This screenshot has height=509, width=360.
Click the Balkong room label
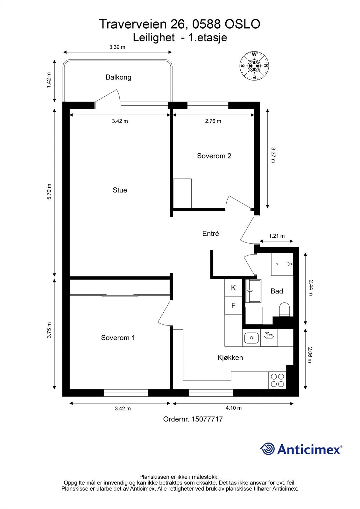tap(118, 77)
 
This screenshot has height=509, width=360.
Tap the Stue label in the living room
tap(120, 190)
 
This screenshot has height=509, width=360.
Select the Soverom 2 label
tap(214, 156)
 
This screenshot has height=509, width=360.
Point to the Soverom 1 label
tap(118, 338)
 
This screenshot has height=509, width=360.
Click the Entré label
tap(211, 234)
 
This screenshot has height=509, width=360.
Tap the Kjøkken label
tap(230, 358)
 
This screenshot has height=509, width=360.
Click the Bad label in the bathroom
tap(277, 291)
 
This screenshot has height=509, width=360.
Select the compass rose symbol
tap(254, 66)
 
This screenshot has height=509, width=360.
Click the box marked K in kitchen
tap(233, 288)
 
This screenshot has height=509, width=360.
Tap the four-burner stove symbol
tap(277, 380)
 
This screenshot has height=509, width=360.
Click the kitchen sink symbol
tap(251, 338)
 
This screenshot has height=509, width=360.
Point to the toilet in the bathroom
tap(284, 310)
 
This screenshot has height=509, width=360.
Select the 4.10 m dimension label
tap(233, 408)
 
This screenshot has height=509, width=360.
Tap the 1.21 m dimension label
tap(276, 236)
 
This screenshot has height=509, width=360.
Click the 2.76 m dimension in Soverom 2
tap(213, 121)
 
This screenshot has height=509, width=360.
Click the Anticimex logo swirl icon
tap(267, 449)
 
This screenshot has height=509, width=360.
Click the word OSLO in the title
tap(243, 24)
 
